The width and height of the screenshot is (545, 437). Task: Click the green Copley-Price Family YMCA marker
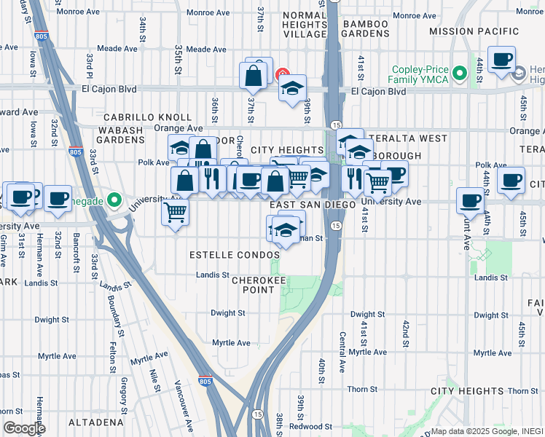pos(459,73)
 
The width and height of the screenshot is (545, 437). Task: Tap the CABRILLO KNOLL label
pos(147,117)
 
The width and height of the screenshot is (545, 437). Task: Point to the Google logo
pos(24,428)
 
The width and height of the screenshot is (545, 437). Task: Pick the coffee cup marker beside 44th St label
pos(501,60)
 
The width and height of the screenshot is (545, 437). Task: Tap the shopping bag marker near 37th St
pos(254,74)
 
